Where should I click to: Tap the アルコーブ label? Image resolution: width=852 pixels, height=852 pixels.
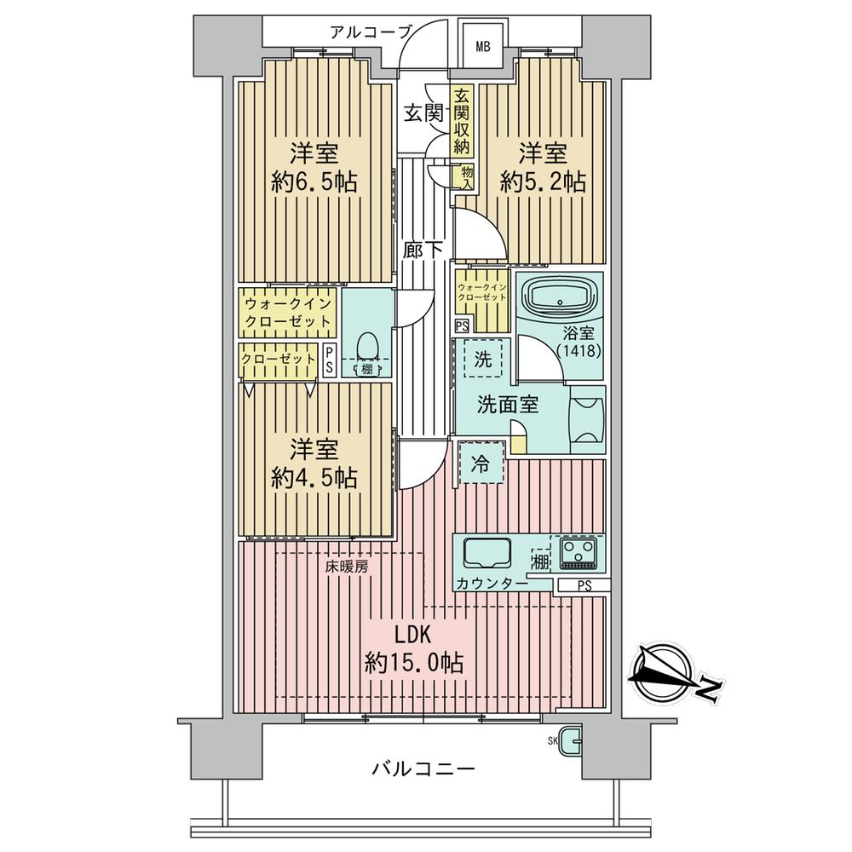coord(371,32)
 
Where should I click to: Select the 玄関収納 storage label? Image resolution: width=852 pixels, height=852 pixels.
coord(461,121)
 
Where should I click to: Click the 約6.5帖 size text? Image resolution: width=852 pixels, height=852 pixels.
coord(314,182)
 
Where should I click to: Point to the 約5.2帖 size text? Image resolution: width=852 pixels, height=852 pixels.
coord(543,182)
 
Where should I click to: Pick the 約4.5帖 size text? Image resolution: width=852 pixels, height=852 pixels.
coord(314,478)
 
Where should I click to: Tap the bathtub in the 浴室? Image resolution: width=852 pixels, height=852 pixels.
coord(559,298)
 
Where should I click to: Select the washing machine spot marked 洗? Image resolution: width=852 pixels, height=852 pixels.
coord(483,359)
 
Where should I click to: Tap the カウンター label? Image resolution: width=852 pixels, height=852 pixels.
coord(492,584)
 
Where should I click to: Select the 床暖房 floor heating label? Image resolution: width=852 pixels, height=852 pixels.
coord(348,567)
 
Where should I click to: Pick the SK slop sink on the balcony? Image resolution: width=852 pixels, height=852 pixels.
coord(571,740)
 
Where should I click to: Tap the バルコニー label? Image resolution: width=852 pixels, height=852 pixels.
coord(423,769)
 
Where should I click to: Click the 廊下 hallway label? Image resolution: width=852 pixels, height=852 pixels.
coord(423,250)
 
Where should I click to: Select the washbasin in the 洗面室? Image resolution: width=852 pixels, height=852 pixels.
coord(587,419)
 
